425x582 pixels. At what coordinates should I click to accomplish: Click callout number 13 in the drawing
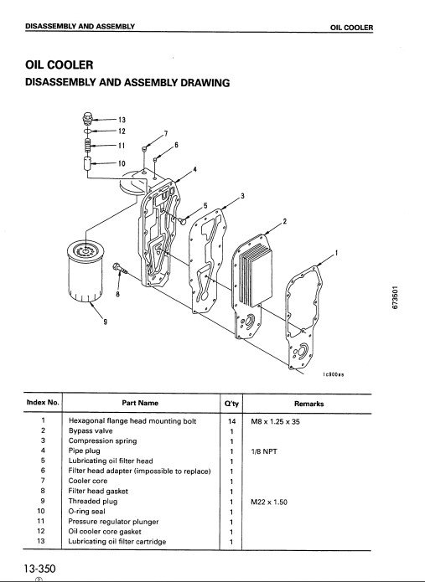122,120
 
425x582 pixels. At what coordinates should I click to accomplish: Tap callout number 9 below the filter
106,322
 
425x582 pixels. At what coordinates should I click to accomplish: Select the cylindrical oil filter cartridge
86,271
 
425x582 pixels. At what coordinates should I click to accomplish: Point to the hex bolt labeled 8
120,268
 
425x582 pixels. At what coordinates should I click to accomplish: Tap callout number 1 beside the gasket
337,253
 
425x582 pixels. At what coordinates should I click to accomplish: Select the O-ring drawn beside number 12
87,131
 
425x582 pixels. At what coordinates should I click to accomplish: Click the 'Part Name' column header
140,403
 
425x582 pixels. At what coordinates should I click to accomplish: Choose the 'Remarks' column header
308,404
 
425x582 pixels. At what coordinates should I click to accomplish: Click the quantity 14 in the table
232,421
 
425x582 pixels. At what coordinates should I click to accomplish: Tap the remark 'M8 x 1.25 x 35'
275,422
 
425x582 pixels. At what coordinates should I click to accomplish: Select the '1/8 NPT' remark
264,451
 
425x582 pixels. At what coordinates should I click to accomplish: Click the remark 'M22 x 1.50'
269,502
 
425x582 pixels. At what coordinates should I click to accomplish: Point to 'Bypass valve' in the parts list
91,431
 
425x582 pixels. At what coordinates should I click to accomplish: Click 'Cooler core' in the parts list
88,481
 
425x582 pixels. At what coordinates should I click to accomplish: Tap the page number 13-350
39,569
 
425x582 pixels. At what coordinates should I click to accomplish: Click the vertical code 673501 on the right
396,297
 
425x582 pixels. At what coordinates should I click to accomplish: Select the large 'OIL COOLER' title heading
60,65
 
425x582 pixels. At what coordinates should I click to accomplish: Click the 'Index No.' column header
43,402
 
